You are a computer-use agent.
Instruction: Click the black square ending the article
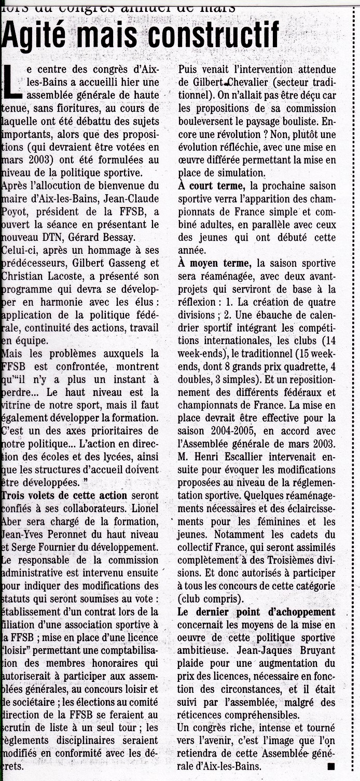331,766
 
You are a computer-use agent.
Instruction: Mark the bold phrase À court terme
211,185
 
